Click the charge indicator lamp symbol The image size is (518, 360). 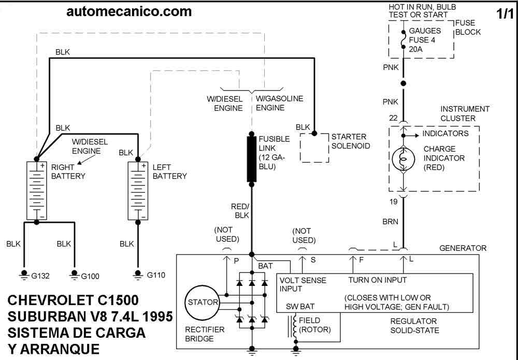click(x=403, y=159)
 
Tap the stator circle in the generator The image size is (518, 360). click(x=202, y=302)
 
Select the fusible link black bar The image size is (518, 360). click(x=252, y=159)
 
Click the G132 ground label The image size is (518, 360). click(x=40, y=276)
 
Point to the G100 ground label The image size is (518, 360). click(x=90, y=276)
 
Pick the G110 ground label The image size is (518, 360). click(x=156, y=275)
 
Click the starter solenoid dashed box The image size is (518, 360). click(x=314, y=148)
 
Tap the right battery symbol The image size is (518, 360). click(x=37, y=191)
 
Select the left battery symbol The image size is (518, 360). click(x=138, y=191)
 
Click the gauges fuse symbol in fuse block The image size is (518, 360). click(x=403, y=40)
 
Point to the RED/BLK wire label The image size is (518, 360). click(x=240, y=211)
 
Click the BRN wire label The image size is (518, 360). click(x=390, y=222)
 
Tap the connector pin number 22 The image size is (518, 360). click(x=393, y=118)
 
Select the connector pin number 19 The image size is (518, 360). click(x=393, y=201)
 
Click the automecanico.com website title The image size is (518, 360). click(x=129, y=11)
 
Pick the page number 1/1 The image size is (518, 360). click(x=505, y=14)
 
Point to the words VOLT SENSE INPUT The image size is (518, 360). click(x=303, y=284)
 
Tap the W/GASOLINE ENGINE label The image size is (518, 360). click(x=280, y=103)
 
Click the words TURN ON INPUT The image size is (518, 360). click(x=377, y=280)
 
